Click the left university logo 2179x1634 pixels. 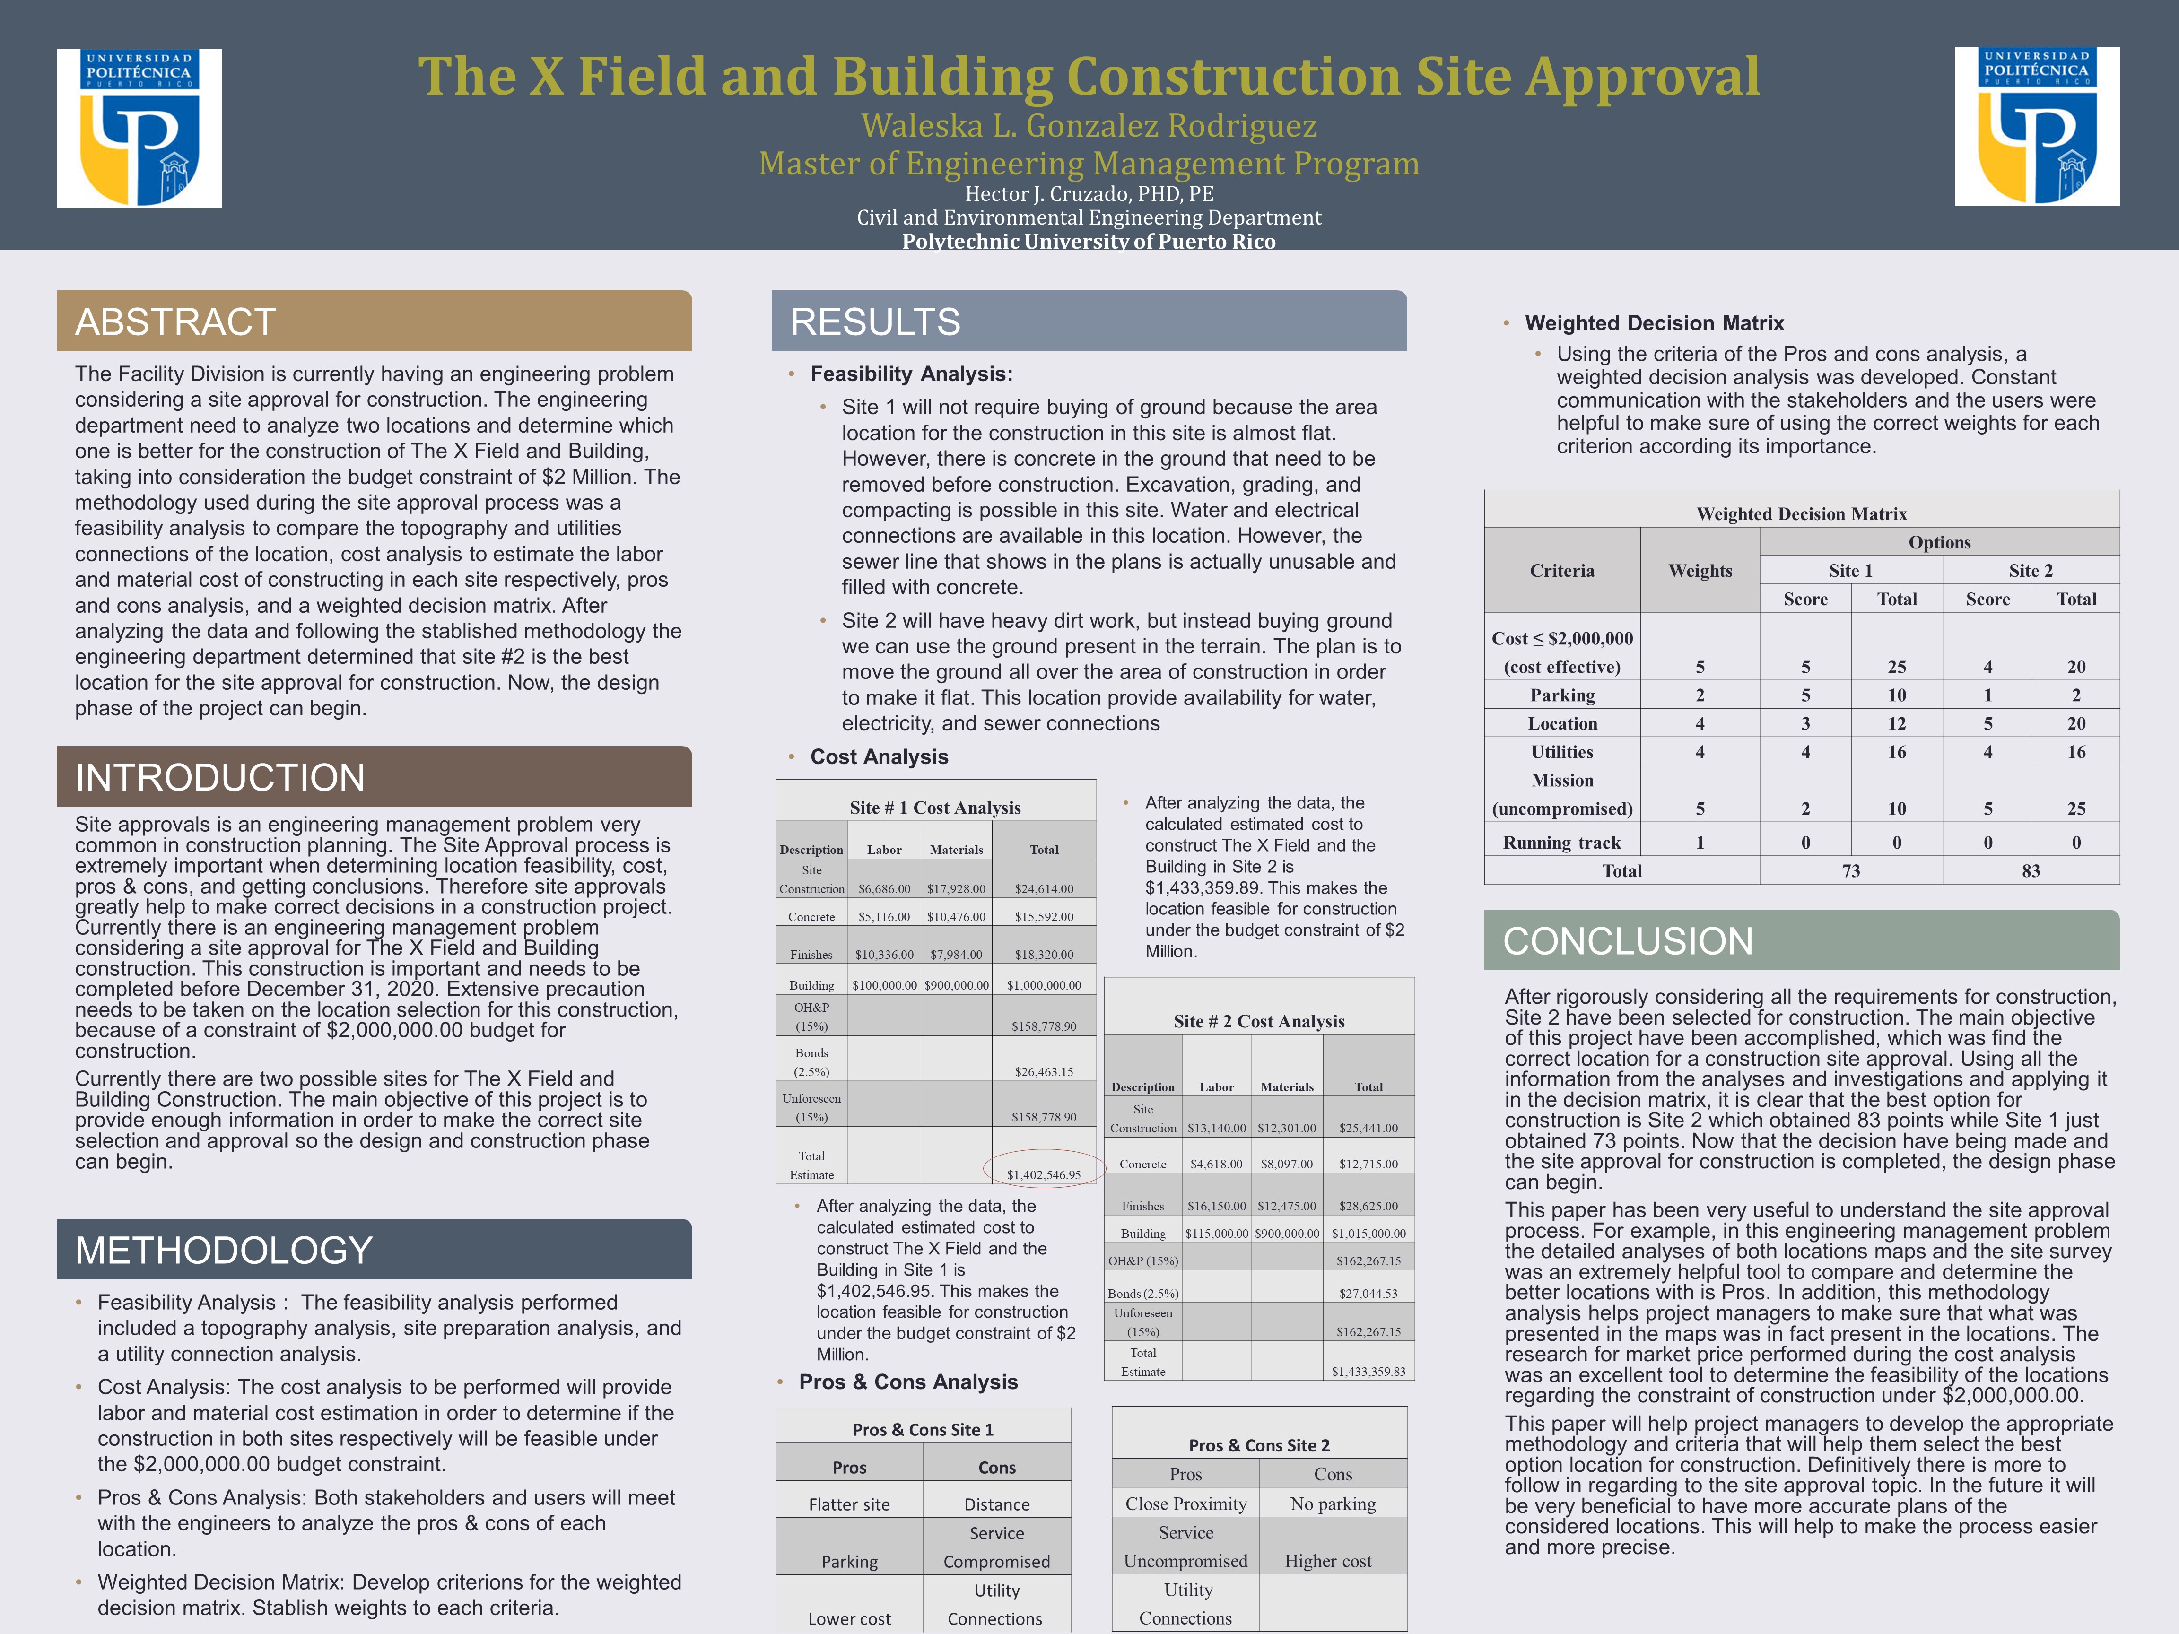point(139,128)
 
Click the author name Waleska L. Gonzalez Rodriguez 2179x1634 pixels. point(1089,126)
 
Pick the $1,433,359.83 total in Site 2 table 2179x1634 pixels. point(1368,1371)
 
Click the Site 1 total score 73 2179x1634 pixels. point(1851,871)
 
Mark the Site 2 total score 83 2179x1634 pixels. point(2030,871)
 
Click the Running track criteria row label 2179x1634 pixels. point(1561,842)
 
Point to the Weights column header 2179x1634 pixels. point(1699,570)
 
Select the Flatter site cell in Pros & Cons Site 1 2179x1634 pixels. point(849,1504)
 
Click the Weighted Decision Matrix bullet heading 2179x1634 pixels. point(1654,323)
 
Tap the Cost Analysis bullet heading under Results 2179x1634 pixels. point(879,756)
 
